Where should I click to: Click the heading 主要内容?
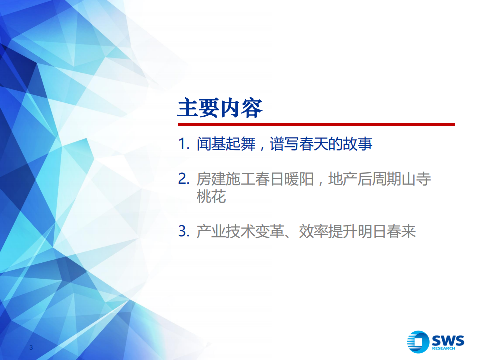tap(220, 108)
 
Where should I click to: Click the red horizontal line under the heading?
tap(316, 124)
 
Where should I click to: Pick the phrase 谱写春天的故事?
tap(321, 145)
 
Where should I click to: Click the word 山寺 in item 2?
tap(417, 179)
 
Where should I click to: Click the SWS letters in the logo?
tap(448, 340)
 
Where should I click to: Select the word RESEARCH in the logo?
tap(448, 349)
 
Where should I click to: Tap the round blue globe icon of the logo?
tap(418, 343)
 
